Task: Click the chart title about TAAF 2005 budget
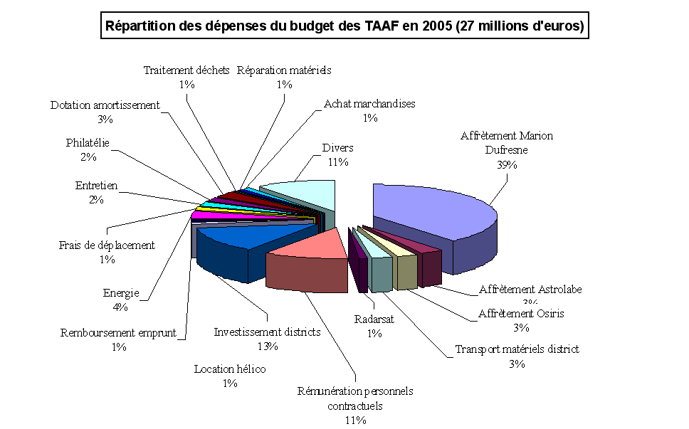[344, 27]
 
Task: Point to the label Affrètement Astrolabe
[530, 290]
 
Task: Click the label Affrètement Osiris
[522, 313]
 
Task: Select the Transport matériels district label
[517, 349]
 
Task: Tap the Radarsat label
[374, 319]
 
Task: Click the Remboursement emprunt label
[118, 333]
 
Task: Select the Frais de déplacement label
[107, 245]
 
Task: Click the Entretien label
[96, 186]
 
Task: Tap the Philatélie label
[88, 143]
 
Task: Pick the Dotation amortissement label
[105, 105]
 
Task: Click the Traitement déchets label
[186, 70]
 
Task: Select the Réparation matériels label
[284, 70]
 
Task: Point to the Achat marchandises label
[369, 104]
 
